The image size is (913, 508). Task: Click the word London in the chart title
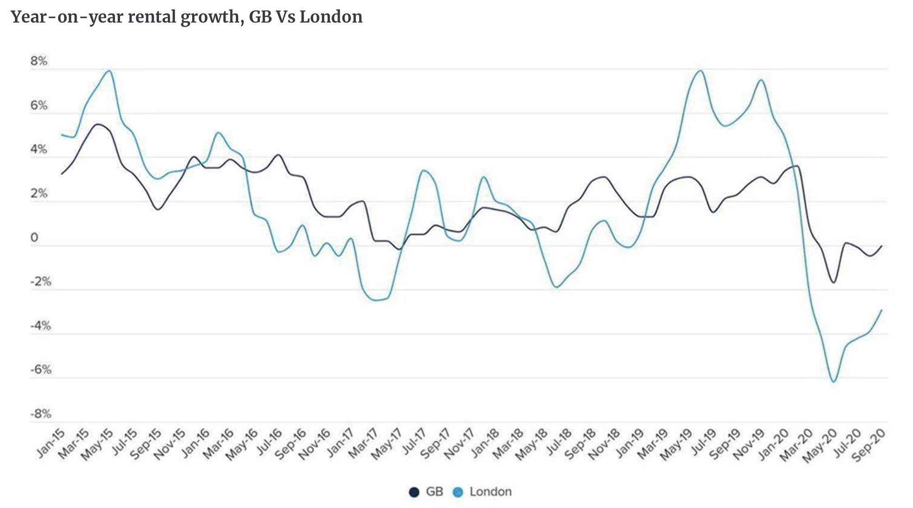click(x=331, y=17)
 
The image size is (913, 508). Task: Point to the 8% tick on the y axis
click(x=39, y=61)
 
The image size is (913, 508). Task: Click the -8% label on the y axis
click(x=41, y=414)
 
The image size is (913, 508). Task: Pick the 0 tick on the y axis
click(x=34, y=238)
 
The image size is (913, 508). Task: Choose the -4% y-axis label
click(x=41, y=326)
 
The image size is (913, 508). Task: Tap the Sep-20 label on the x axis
click(x=868, y=445)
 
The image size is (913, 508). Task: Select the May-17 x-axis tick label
click(x=386, y=445)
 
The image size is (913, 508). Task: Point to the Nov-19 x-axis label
click(x=748, y=445)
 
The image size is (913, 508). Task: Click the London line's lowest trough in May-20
click(x=833, y=382)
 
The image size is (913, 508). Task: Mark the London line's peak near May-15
click(x=110, y=70)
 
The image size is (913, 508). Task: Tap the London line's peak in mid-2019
click(x=700, y=70)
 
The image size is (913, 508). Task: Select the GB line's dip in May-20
click(x=833, y=282)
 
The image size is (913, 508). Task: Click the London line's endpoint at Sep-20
click(x=881, y=310)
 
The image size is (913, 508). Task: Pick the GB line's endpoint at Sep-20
click(x=881, y=246)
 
